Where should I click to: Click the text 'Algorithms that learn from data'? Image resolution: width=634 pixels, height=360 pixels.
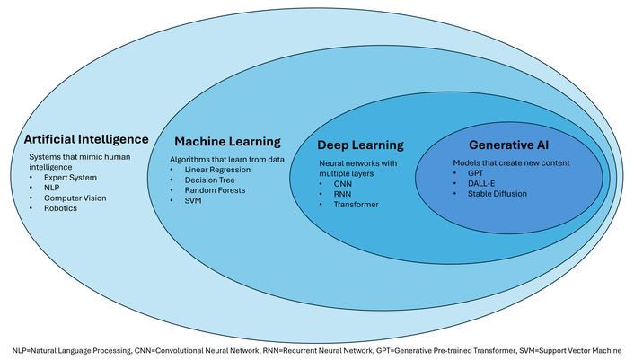(225, 158)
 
